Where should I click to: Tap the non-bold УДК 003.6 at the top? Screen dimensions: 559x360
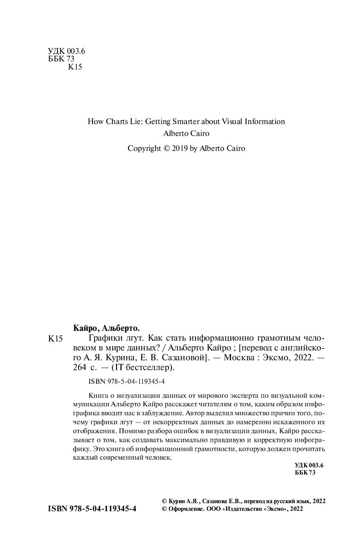(x=67, y=51)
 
